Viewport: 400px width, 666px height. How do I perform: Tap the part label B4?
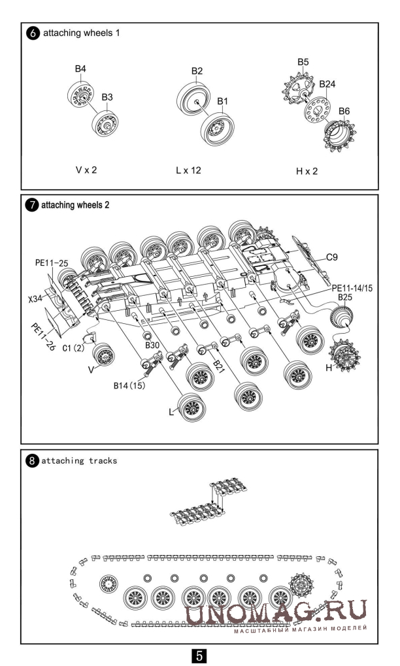pyautogui.click(x=80, y=68)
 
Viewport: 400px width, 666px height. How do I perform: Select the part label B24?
pyautogui.click(x=327, y=84)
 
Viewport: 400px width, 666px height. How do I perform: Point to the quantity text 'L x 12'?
pyautogui.click(x=188, y=170)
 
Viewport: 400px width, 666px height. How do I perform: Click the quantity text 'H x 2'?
pyautogui.click(x=307, y=171)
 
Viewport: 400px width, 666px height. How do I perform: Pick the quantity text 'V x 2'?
pyautogui.click(x=87, y=170)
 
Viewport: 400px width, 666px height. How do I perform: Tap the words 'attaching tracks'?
pyautogui.click(x=79, y=460)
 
